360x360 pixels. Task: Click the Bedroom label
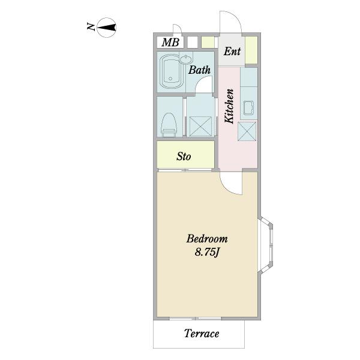point(207,239)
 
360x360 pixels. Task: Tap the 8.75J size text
point(207,253)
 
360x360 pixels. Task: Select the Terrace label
point(202,334)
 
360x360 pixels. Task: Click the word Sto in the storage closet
point(184,157)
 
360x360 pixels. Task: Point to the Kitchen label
point(229,106)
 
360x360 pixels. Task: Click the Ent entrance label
point(232,52)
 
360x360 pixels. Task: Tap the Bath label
point(199,70)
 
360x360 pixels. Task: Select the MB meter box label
point(170,43)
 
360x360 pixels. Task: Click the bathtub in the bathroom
point(171,72)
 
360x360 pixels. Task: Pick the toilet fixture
point(169,124)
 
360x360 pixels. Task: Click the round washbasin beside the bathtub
point(186,59)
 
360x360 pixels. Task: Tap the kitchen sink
point(248,107)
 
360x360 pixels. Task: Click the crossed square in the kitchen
point(247,131)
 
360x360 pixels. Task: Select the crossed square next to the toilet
point(200,126)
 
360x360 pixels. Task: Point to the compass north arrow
point(107,28)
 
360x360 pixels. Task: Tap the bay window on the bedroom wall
point(266,245)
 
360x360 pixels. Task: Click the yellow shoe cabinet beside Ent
point(251,50)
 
